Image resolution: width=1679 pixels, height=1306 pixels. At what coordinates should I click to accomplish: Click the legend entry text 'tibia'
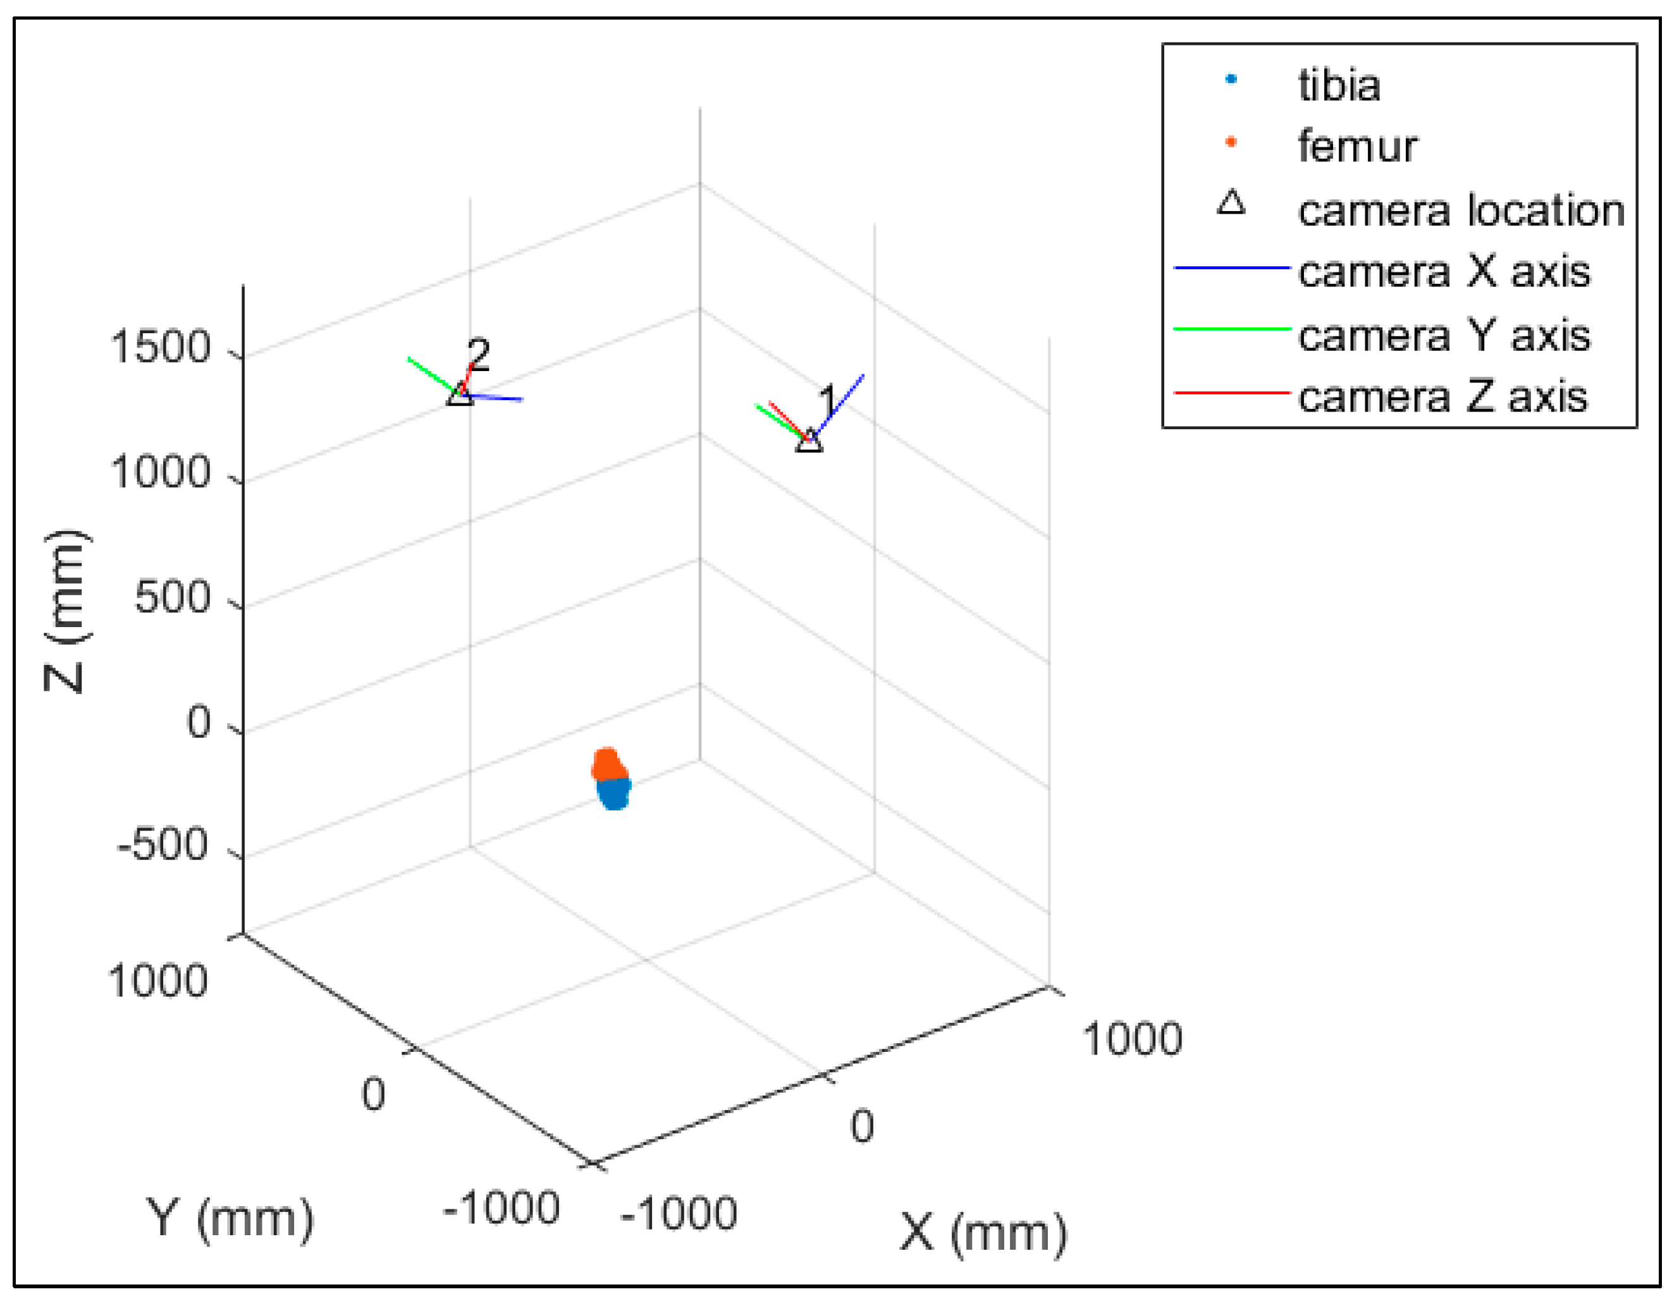click(1338, 85)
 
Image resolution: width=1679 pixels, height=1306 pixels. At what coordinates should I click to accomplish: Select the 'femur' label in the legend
click(1357, 146)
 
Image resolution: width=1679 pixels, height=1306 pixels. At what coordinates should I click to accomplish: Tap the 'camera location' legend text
click(1461, 210)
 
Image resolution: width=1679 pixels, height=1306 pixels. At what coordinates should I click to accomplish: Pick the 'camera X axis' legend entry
click(1444, 271)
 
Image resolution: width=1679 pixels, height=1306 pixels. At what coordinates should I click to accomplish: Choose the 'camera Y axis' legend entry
click(1444, 335)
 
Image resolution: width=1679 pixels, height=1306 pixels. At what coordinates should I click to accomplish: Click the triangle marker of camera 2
click(460, 394)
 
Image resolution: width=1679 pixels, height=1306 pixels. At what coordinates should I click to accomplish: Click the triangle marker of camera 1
click(809, 441)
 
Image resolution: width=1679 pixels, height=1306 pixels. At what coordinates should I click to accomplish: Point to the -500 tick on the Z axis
click(163, 846)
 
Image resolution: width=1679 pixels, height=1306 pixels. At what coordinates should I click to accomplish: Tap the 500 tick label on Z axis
click(172, 597)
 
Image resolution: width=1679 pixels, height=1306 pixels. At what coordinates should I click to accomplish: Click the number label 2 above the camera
click(478, 355)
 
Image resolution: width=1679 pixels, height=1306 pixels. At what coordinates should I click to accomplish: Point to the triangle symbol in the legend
click(1231, 203)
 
